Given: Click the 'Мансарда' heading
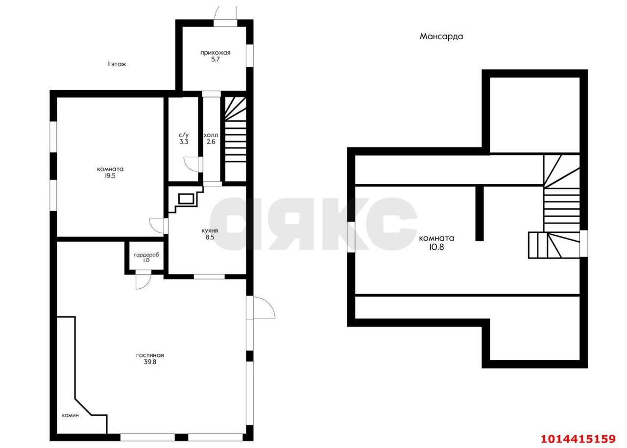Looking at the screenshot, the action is [x=441, y=36].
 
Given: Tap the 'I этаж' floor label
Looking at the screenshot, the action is [x=117, y=64].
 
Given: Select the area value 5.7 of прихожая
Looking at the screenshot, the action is [x=215, y=59].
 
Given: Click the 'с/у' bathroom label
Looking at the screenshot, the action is [x=184, y=135].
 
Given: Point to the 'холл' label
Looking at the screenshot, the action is [x=211, y=135].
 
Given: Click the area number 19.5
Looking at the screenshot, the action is [x=110, y=176].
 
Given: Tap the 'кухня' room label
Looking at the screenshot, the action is [x=210, y=231].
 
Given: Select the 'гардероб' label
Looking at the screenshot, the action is [x=146, y=255].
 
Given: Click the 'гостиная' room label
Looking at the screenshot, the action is [x=150, y=355].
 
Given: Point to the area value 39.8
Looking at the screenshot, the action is [x=150, y=362].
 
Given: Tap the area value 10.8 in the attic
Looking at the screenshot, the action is [x=436, y=247].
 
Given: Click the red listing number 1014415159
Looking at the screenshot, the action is [x=579, y=439].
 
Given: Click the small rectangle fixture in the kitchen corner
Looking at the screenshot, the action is [x=186, y=199].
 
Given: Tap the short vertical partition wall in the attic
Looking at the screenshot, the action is [x=480, y=213].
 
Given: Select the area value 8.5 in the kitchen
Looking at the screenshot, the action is [x=210, y=237].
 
